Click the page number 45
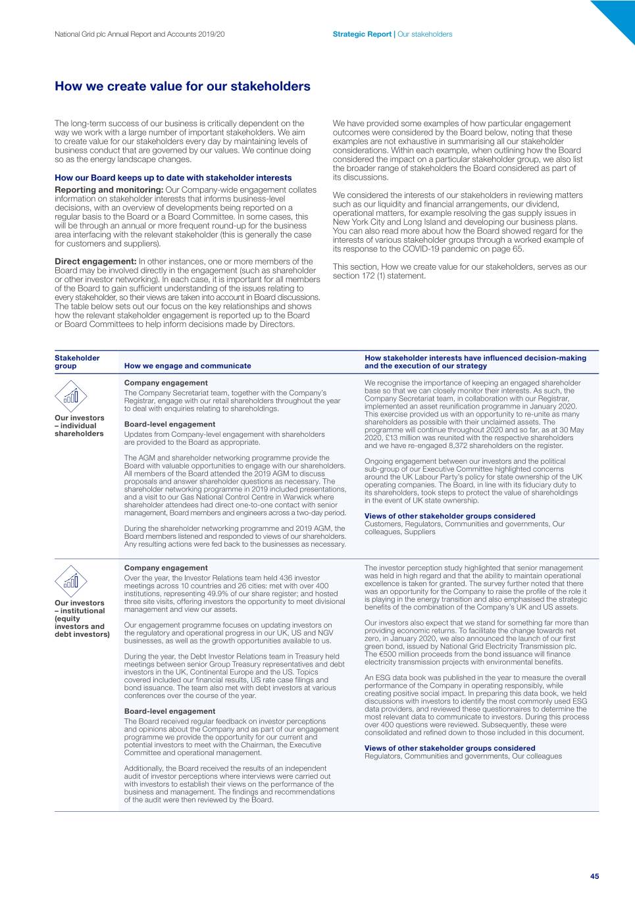pyautogui.click(x=594, y=876)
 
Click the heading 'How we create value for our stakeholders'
pyautogui.click(x=182, y=86)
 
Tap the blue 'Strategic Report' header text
pyautogui.click(x=361, y=34)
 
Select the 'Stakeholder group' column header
pyautogui.click(x=77, y=362)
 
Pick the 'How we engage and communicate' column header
pyautogui.click(x=188, y=366)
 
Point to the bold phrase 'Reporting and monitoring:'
pyautogui.click(x=109, y=190)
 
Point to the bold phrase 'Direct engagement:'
pyautogui.click(x=95, y=262)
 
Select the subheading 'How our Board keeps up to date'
pyautogui.click(x=173, y=178)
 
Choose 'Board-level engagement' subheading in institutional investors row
pyautogui.click(x=170, y=711)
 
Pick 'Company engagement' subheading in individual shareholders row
pyautogui.click(x=166, y=383)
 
